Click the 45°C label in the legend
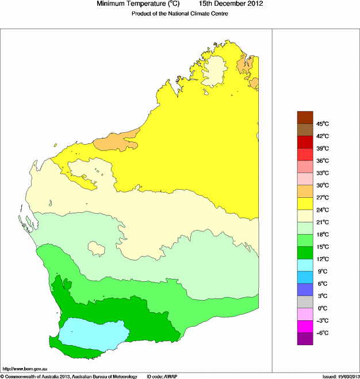tap(321, 124)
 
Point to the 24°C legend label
tap(321, 210)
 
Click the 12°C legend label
tap(321, 259)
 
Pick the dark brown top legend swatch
tap(305, 118)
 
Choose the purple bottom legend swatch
tap(305, 339)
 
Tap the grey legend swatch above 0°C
tap(305, 302)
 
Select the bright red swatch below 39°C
tap(305, 155)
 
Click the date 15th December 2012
tap(232, 5)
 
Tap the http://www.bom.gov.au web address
tap(26, 369)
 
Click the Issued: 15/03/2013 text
tap(341, 376)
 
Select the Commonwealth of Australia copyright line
tap(69, 376)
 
